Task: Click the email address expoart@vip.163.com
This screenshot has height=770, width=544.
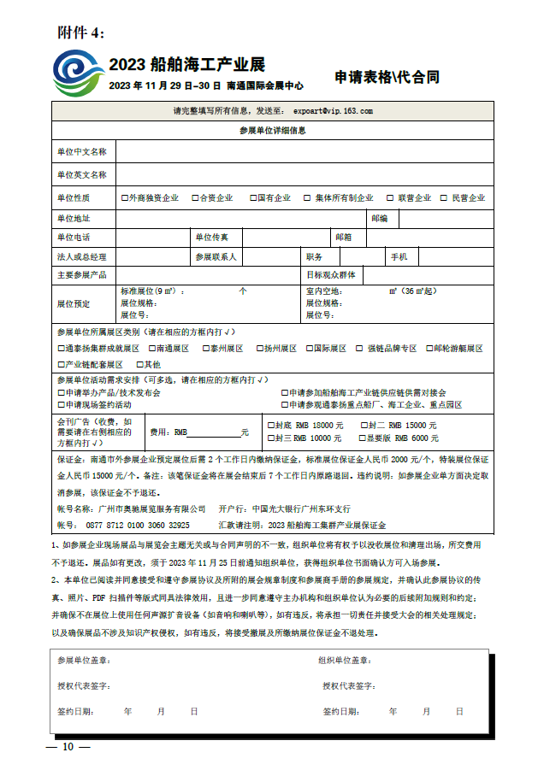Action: (333, 111)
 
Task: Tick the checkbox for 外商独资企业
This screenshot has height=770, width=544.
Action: (125, 197)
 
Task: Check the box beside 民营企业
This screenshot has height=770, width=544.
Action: (444, 197)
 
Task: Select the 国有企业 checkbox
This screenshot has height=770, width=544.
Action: (254, 197)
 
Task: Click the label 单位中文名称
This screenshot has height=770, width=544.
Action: (82, 151)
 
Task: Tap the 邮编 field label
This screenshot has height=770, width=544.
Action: (380, 219)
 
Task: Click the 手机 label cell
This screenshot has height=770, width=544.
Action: (399, 256)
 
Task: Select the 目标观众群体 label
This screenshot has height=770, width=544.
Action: (333, 275)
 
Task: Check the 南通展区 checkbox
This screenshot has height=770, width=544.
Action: (151, 349)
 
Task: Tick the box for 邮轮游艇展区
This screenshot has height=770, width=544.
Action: (429, 349)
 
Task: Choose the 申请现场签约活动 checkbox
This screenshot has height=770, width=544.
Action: (60, 404)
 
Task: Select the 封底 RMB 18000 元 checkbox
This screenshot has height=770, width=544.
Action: (271, 425)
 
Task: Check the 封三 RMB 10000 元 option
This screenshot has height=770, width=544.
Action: (271, 438)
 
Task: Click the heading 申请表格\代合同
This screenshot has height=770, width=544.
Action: (387, 77)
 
